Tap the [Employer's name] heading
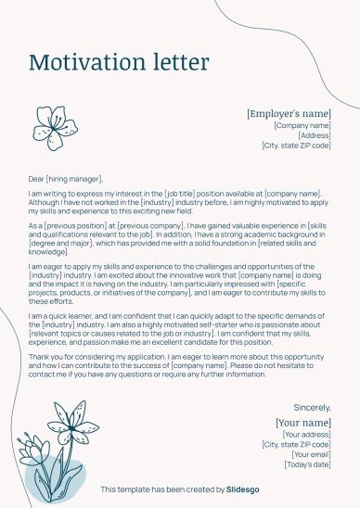click(x=289, y=113)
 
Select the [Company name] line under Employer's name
click(x=302, y=125)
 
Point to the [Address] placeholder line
click(x=314, y=135)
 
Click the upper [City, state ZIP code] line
click(x=296, y=146)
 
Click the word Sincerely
click(x=312, y=407)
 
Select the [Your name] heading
click(x=302, y=423)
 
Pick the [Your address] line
click(x=306, y=434)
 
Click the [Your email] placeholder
click(x=311, y=454)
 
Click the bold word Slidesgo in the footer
click(x=244, y=489)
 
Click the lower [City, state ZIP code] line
click(x=296, y=444)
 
